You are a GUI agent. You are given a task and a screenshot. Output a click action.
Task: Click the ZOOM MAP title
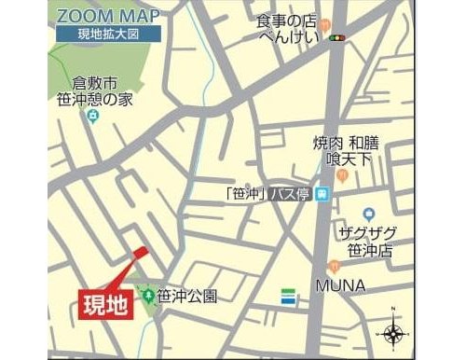coord(106,16)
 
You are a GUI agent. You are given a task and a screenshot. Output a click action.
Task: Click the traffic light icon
coord(336,38)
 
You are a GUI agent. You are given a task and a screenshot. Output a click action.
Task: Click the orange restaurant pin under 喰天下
coord(343,175)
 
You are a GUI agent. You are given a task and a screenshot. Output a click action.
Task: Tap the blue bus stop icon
coord(321,194)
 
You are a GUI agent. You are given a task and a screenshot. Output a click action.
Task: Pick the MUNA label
coord(339,283)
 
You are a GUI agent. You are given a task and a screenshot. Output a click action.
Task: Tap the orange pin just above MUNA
coord(334,266)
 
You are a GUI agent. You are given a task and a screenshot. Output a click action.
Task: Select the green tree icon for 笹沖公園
coord(146,298)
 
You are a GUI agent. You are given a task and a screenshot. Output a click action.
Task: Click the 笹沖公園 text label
coord(186,298)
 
